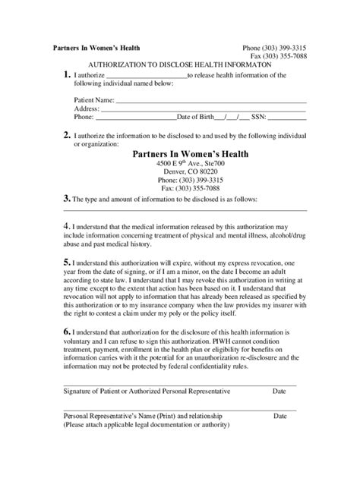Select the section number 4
[x=67, y=225]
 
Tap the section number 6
[x=67, y=331]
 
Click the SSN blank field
[x=288, y=119]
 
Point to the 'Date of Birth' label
[x=194, y=118]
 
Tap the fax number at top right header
[x=279, y=57]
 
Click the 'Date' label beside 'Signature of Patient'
[x=279, y=392]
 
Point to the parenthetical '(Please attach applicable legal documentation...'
[x=147, y=425]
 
